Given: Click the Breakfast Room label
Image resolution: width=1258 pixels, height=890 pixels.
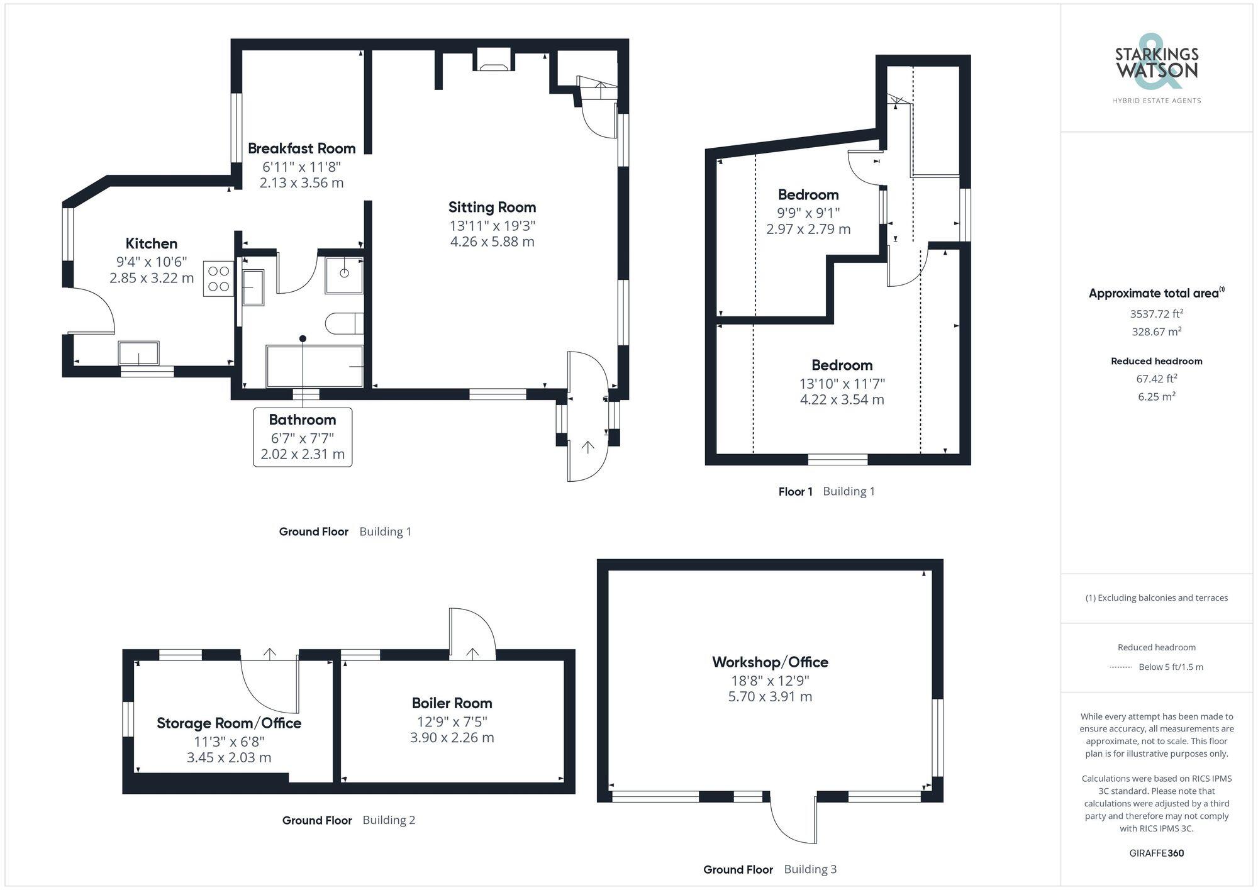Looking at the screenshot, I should coord(301,148).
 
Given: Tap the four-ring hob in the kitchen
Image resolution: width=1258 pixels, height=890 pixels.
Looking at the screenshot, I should coord(218,279).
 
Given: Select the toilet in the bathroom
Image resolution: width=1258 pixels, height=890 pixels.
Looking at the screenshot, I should coord(343,323).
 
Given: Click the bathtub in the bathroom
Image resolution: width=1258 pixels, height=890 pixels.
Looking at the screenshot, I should coord(314,366).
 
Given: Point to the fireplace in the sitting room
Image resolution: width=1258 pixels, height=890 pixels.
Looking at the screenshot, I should coord(494,61).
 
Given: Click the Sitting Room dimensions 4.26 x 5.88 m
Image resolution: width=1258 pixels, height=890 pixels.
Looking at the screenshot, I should coord(492,242).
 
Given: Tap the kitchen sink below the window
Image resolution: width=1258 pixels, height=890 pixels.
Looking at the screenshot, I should coord(139,353).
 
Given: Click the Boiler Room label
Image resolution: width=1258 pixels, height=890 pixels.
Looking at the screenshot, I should coord(452,703).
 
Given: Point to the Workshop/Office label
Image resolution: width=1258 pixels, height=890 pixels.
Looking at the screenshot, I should coord(770,662).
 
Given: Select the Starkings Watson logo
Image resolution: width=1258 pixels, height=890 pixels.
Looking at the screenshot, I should coord(1156,69).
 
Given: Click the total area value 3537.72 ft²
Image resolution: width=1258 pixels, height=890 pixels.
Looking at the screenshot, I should coord(1156,313).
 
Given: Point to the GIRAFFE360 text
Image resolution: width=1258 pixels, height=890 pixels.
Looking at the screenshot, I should coord(1156,854).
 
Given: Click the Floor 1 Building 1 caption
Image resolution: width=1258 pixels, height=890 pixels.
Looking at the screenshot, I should coord(826,491).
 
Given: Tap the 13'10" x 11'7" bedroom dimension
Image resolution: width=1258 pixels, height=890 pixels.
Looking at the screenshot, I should coord(842,383).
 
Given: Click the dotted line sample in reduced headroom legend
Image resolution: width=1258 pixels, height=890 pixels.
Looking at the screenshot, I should coord(1121,667).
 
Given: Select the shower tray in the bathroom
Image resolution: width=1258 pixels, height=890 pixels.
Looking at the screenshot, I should coord(344,274).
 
